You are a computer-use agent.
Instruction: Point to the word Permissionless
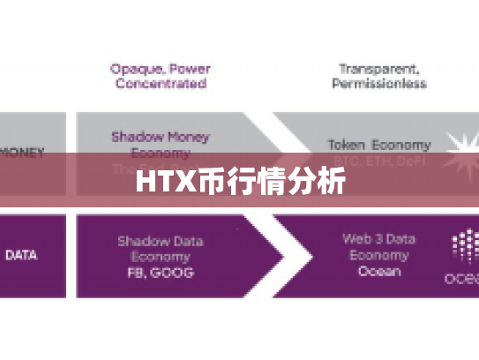point(379,84)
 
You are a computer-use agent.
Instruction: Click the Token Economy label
point(379,144)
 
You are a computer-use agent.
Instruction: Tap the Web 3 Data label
point(379,238)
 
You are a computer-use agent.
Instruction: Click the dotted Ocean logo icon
point(464,247)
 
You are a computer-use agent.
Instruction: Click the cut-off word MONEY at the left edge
point(21,153)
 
